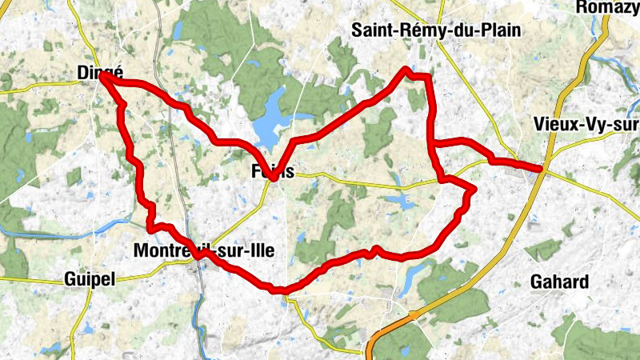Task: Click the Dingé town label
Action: pos(94,72)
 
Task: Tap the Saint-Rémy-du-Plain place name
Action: pos(436,30)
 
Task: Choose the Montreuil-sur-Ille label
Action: pos(203,250)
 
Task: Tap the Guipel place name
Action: pos(89,279)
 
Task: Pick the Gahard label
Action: pos(559,282)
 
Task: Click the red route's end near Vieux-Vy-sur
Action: pos(542,169)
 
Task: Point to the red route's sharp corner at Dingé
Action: pos(102,78)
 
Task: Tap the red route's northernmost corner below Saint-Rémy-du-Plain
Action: pos(406,70)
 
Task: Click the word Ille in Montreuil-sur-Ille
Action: pos(258,250)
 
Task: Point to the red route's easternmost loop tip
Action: pos(474,190)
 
